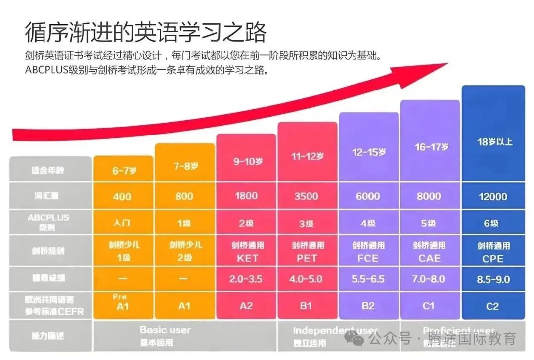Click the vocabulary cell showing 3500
click(x=306, y=196)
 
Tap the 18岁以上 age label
click(x=494, y=142)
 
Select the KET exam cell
click(x=246, y=252)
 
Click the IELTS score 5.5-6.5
click(x=368, y=279)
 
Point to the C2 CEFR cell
click(x=492, y=306)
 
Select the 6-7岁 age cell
click(x=124, y=171)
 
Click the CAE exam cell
click(x=429, y=252)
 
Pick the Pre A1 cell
click(x=122, y=303)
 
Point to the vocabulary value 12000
click(x=492, y=196)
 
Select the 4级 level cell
click(x=368, y=223)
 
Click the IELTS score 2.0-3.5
click(x=246, y=279)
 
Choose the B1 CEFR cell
click(x=306, y=306)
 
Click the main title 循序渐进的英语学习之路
click(x=146, y=32)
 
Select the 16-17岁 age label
click(x=431, y=147)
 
